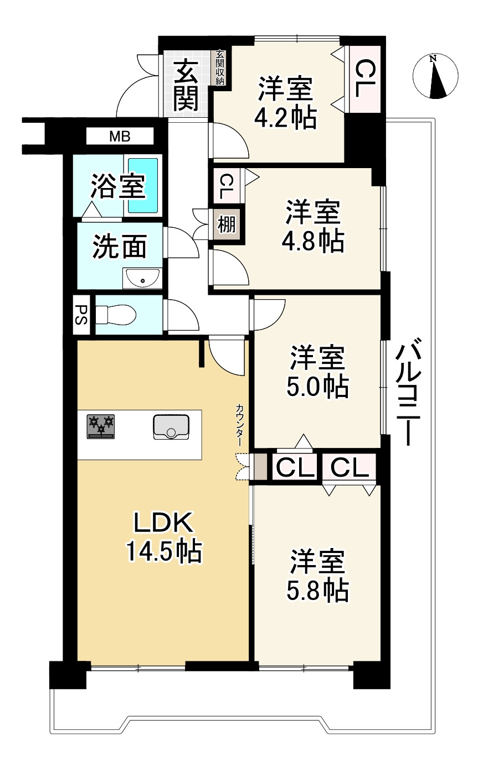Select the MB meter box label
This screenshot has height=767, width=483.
(x=120, y=136)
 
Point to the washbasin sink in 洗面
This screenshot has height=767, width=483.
(x=142, y=279)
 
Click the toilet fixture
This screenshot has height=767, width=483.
(x=116, y=315)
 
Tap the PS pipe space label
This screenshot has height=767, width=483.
(x=81, y=315)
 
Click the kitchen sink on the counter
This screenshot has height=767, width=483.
(x=171, y=426)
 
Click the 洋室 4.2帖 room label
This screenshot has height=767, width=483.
(x=285, y=103)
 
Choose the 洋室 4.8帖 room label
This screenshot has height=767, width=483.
(x=314, y=227)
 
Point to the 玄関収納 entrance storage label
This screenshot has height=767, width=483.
(x=220, y=67)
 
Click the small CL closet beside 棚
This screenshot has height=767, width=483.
(x=226, y=186)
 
